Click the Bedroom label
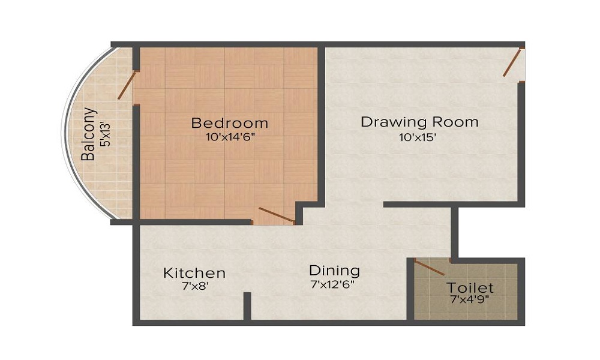229,124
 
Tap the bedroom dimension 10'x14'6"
229,137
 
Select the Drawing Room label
419,122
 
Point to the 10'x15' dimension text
418,137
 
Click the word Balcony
89,134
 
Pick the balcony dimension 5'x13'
106,134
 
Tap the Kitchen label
194,273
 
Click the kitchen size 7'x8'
194,286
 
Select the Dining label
334,270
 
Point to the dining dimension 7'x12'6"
333,284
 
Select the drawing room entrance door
511,62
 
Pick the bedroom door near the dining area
275,215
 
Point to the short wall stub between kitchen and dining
247,306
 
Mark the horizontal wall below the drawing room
420,205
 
